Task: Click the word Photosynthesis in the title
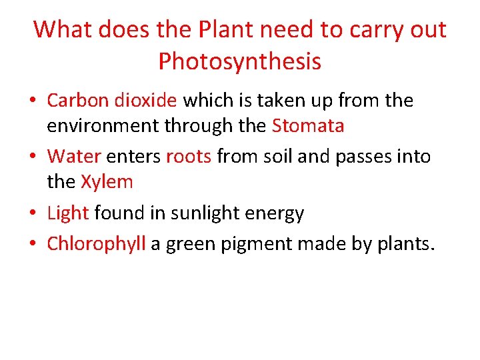(240, 61)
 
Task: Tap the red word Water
(73, 157)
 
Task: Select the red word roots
(188, 157)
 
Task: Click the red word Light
(68, 213)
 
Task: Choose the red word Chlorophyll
(96, 244)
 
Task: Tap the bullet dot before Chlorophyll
(33, 245)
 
